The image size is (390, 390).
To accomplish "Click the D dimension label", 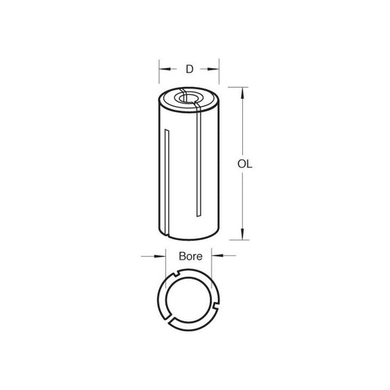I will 188,70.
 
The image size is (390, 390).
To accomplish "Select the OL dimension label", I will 244,165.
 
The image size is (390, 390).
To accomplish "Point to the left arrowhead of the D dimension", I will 161,70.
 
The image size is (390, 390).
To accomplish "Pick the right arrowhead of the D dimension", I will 217,70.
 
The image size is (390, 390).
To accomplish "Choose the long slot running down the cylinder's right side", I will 198,161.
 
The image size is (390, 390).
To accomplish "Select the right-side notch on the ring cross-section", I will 214,296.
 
